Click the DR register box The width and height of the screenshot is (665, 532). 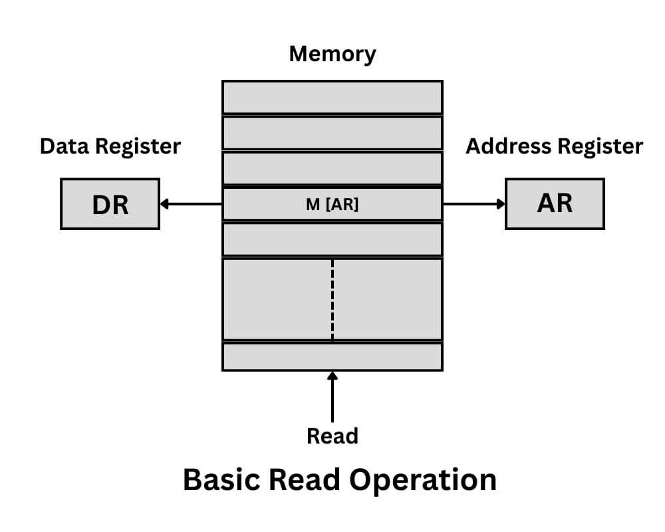coord(110,204)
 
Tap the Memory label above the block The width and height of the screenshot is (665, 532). coord(332,54)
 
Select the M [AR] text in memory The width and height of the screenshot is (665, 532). coord(332,205)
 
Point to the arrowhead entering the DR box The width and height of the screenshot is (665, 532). coord(165,204)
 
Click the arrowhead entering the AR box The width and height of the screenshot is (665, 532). coord(500,204)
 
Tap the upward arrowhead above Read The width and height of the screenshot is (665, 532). coord(332,377)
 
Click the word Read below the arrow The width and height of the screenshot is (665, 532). coord(332,436)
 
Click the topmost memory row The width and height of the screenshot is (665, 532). coord(332,98)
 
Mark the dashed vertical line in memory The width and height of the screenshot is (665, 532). coord(332,299)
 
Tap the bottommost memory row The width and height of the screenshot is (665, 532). coord(332,356)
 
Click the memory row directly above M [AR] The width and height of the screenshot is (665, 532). coord(332,168)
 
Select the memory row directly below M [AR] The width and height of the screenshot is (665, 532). coord(332,239)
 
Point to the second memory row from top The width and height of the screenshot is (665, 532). coord(332,133)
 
